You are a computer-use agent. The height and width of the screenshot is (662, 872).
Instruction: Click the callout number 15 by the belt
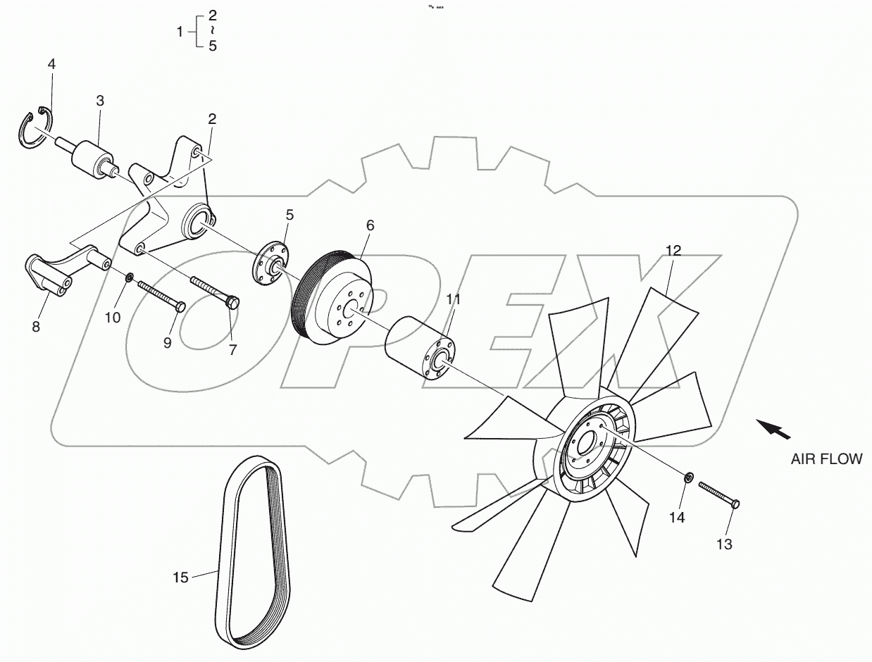pyautogui.click(x=180, y=577)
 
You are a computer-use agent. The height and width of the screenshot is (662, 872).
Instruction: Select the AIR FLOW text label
pyautogui.click(x=826, y=459)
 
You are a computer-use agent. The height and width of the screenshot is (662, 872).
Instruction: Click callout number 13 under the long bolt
pyautogui.click(x=724, y=544)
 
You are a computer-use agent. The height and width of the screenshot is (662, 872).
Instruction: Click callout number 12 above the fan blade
pyautogui.click(x=673, y=250)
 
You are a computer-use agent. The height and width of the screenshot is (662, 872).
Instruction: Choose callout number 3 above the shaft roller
pyautogui.click(x=100, y=101)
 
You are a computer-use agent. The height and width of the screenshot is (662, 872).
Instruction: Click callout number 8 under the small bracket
pyautogui.click(x=36, y=326)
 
